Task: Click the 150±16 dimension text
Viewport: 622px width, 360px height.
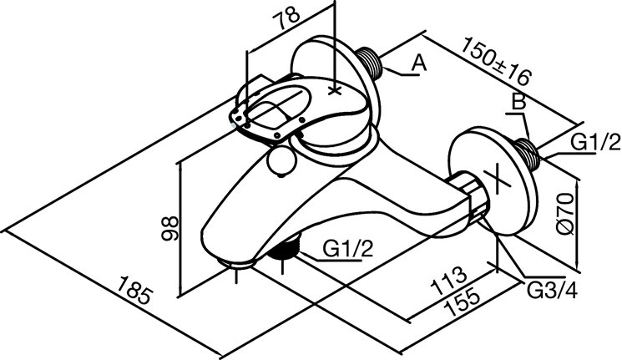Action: click(496, 60)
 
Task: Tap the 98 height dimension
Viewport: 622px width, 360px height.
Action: click(170, 228)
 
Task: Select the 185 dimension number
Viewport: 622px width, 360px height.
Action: click(134, 290)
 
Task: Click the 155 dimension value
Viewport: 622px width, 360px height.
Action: click(463, 303)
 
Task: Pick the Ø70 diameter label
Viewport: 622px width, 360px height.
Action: click(565, 213)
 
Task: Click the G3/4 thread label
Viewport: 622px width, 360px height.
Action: click(552, 291)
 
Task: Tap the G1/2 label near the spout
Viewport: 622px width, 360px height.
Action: click(348, 249)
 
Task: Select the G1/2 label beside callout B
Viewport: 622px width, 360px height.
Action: click(595, 142)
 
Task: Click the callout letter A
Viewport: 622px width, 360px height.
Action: click(418, 63)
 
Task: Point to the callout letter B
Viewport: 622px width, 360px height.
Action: click(518, 102)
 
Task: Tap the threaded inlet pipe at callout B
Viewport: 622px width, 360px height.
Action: click(527, 154)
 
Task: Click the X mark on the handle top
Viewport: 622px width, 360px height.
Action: click(335, 91)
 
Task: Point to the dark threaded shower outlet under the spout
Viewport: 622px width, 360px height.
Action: click(284, 248)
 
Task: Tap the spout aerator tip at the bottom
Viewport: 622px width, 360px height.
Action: click(236, 264)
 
